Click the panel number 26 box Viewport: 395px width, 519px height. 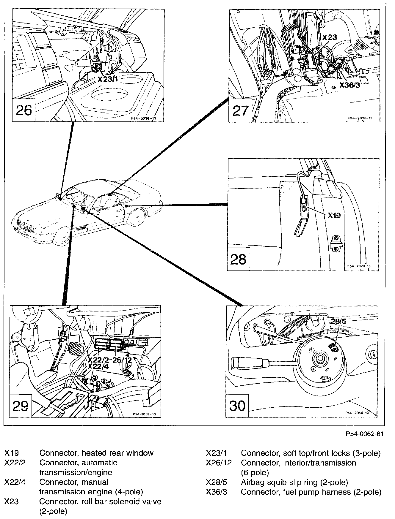[x=24, y=110]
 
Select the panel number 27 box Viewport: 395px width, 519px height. [x=240, y=111]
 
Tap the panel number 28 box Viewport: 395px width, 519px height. [x=239, y=259]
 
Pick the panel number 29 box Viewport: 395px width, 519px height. [x=21, y=406]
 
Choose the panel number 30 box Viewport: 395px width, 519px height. [x=237, y=406]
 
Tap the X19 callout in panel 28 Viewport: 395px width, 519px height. [x=334, y=216]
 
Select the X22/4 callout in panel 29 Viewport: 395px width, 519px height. [x=98, y=366]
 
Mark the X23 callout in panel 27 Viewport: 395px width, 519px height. [x=330, y=37]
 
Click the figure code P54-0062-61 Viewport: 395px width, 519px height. [x=364, y=434]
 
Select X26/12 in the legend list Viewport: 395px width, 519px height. [x=219, y=463]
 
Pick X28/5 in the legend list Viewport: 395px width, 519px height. [x=217, y=482]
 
